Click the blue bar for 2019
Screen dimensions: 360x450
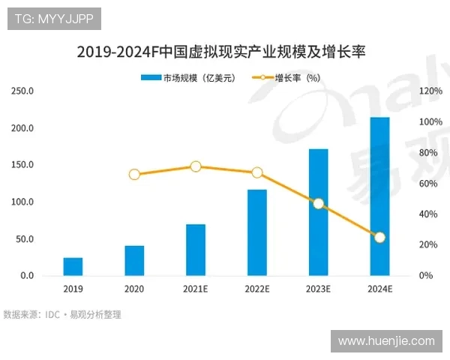coord(73,267)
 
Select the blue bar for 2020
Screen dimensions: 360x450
coord(134,261)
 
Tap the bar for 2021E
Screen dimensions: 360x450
coord(196,250)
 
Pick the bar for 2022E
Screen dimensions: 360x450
coord(257,232)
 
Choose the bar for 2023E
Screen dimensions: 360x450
coord(319,212)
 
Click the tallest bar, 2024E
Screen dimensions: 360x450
coord(379,196)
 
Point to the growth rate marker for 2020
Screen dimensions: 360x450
coord(134,175)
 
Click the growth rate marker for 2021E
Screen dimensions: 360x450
coord(196,166)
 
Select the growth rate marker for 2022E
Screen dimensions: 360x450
coord(257,172)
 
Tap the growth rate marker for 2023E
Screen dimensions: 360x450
coord(319,203)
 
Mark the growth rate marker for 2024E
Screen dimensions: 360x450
coord(379,237)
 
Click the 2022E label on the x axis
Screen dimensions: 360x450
coord(257,289)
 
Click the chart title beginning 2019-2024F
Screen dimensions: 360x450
coord(225,52)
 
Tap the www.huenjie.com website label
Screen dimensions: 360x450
coord(386,341)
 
